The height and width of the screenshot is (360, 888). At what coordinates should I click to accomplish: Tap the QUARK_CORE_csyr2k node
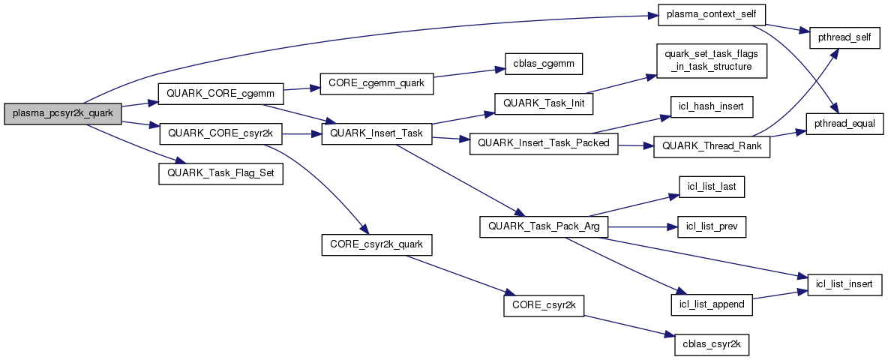[220, 133]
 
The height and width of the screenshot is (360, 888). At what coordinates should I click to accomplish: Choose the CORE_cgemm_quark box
[376, 83]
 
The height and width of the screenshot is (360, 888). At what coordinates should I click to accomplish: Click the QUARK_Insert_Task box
[376, 133]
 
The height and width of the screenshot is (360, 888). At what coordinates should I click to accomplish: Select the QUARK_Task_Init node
[543, 103]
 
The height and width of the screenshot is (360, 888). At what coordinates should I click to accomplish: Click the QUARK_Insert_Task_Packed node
[543, 143]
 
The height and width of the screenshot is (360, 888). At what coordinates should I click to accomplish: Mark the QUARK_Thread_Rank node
[712, 146]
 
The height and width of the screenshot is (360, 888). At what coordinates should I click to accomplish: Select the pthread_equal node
[844, 122]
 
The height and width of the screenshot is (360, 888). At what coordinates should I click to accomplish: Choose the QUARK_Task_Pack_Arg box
[543, 226]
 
